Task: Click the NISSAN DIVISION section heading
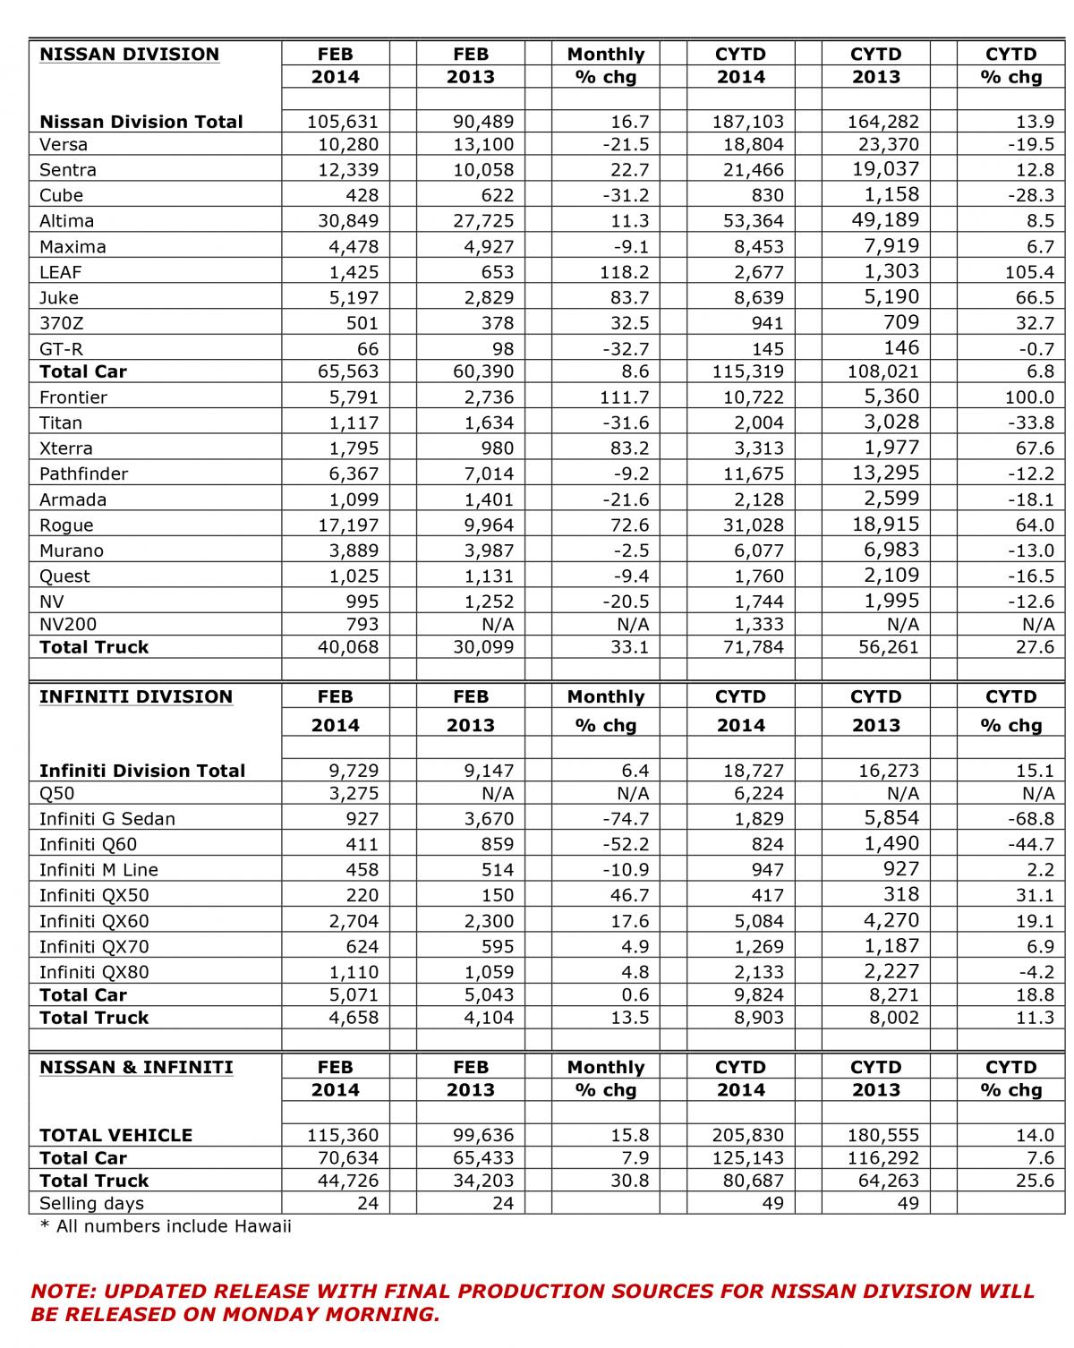129,55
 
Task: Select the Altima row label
66,221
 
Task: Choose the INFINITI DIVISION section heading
135,697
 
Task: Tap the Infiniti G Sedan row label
107,819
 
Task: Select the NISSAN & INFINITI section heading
136,1068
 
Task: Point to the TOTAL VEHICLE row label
115,1136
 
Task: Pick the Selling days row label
91,1204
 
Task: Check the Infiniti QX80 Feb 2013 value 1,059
488,972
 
